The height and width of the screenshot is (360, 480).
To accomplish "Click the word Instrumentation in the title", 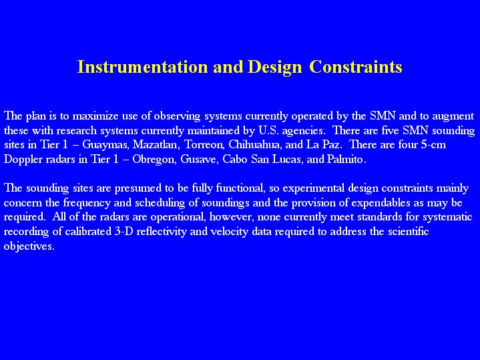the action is (x=143, y=67).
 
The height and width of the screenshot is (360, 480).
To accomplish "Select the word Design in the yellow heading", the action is (x=274, y=67).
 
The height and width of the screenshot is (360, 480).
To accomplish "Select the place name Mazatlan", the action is (x=155, y=145).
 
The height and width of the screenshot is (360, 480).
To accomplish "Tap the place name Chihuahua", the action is (x=255, y=145).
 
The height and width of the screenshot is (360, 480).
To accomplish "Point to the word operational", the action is (x=178, y=218).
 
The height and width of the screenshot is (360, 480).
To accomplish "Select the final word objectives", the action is (x=29, y=246).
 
